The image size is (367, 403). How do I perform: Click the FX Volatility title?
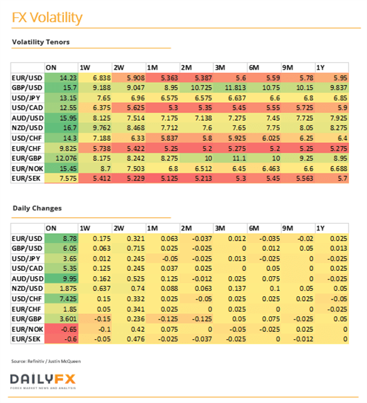pyautogui.click(x=47, y=18)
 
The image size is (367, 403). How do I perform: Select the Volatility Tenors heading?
pyautogui.click(x=41, y=42)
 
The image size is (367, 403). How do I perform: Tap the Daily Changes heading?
pyautogui.click(x=37, y=208)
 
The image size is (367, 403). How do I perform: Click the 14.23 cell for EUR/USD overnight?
pyautogui.click(x=62, y=78)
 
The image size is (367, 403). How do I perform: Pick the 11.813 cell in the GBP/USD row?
pyautogui.click(x=230, y=88)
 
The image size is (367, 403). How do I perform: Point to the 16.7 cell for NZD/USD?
pyautogui.click(x=62, y=128)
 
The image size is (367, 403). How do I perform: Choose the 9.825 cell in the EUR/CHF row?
pyautogui.click(x=62, y=148)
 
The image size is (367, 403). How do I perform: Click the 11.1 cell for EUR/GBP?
pyautogui.click(x=230, y=158)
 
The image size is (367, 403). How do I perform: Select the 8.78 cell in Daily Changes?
pyautogui.click(x=62, y=238)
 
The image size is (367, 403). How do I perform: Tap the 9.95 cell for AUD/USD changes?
pyautogui.click(x=62, y=279)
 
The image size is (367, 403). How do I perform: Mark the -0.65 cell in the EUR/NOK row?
pyautogui.click(x=62, y=329)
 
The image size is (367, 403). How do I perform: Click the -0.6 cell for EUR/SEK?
pyautogui.click(x=62, y=339)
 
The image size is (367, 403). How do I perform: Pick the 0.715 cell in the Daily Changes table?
pyautogui.click(x=129, y=248)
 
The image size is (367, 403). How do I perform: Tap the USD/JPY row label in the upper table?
pyautogui.click(x=26, y=98)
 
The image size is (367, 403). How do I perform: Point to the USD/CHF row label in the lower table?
pyautogui.click(x=27, y=299)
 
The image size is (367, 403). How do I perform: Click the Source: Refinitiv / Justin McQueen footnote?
pyautogui.click(x=46, y=361)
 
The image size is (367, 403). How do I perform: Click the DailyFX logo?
pyautogui.click(x=43, y=381)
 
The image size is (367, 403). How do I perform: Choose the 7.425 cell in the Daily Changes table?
pyautogui.click(x=62, y=299)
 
